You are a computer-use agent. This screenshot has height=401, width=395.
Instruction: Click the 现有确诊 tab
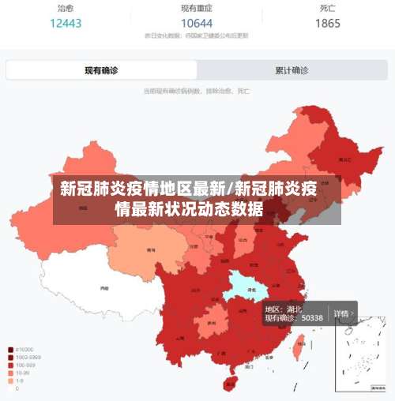tap(101, 70)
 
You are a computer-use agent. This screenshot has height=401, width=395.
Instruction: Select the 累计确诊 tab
tap(292, 70)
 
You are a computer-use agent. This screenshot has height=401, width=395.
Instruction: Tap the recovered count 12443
tap(66, 23)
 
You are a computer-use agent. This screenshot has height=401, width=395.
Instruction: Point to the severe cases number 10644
tap(197, 23)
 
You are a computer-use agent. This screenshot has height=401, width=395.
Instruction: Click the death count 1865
tap(328, 23)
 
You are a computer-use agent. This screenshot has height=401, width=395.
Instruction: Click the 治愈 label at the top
tap(66, 9)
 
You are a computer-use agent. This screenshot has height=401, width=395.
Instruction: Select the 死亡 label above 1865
tap(328, 9)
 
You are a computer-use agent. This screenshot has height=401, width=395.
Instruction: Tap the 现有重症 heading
tap(197, 9)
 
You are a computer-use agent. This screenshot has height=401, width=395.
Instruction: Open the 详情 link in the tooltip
tap(342, 313)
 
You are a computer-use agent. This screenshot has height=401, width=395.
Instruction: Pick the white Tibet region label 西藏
tap(104, 289)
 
